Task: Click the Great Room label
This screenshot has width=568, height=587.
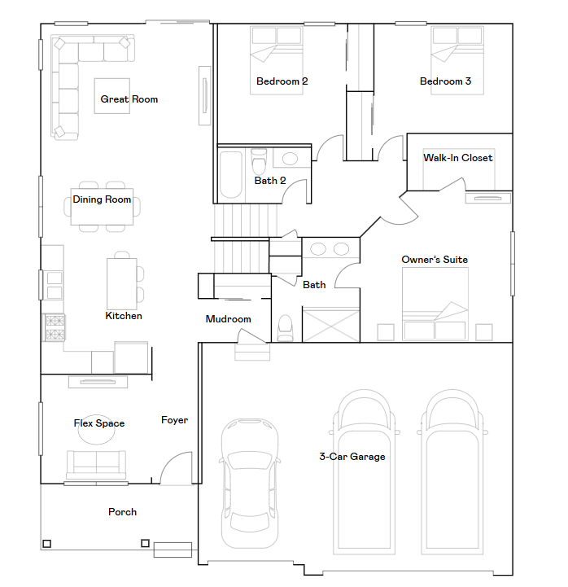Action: click(129, 99)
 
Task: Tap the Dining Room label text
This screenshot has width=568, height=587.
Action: click(102, 199)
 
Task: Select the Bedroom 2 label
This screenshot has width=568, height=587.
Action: click(282, 81)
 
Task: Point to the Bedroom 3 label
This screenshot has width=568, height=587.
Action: click(445, 81)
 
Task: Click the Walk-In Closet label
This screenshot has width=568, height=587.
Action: click(457, 158)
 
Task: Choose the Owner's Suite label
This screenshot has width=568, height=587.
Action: click(435, 261)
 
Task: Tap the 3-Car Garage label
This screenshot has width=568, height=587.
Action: click(352, 457)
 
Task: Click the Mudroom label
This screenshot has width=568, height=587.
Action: click(228, 319)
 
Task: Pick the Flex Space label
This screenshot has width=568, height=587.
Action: click(99, 423)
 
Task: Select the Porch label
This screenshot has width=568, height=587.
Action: click(122, 512)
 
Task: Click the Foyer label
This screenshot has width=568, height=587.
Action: click(174, 420)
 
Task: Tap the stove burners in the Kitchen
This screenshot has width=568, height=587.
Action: click(54, 327)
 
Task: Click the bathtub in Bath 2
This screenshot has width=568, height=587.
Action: click(231, 174)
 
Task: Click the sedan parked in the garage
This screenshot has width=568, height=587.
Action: click(249, 481)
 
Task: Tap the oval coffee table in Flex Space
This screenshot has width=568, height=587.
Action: click(97, 435)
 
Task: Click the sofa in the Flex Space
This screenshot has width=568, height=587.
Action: click(97, 463)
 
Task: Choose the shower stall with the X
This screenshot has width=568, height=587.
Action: click(330, 325)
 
